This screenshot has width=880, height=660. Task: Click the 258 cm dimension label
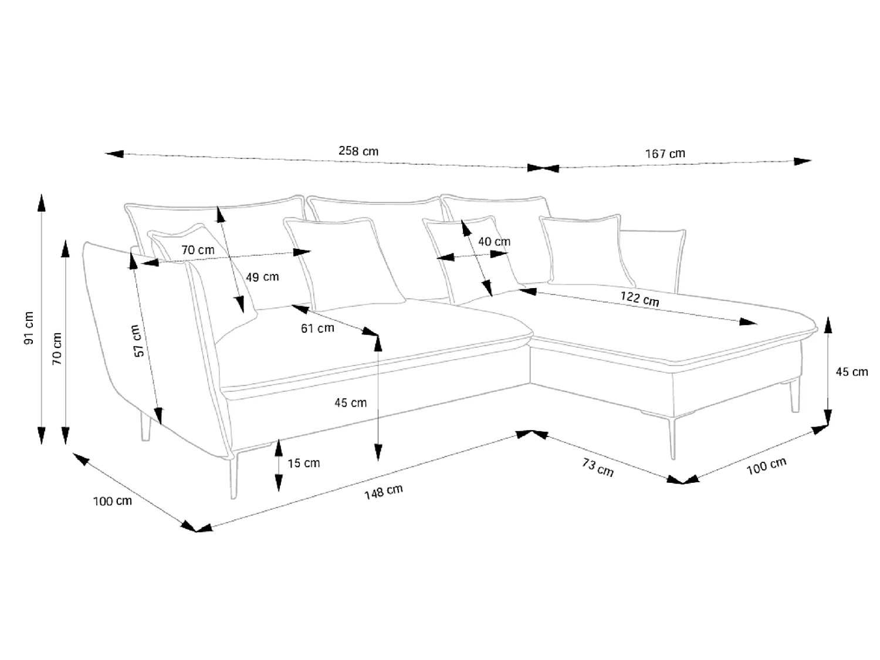tap(358, 151)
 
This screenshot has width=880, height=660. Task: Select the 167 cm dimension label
tap(665, 154)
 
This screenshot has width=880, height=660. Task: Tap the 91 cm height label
tap(29, 328)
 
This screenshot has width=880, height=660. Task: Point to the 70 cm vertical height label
tap(57, 348)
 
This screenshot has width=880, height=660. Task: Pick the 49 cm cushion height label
tap(262, 277)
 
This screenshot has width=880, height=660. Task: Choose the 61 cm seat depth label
tap(317, 328)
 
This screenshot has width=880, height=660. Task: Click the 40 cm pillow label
tap(494, 242)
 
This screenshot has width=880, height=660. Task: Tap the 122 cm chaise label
tap(639, 299)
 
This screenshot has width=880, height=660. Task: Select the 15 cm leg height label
tap(303, 463)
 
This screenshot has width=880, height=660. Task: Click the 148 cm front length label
tap(383, 492)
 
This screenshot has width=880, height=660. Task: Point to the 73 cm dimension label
tap(598, 468)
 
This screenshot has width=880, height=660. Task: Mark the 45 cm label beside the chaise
tap(851, 372)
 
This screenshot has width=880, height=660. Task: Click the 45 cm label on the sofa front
tap(350, 402)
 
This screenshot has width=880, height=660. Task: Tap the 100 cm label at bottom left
tap(112, 501)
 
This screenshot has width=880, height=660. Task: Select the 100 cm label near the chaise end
tap(766, 466)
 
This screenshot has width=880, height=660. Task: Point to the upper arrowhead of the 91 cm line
tap(41, 202)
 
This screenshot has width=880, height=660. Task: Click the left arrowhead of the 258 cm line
tap(114, 154)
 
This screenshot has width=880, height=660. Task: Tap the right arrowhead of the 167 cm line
tap(803, 161)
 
